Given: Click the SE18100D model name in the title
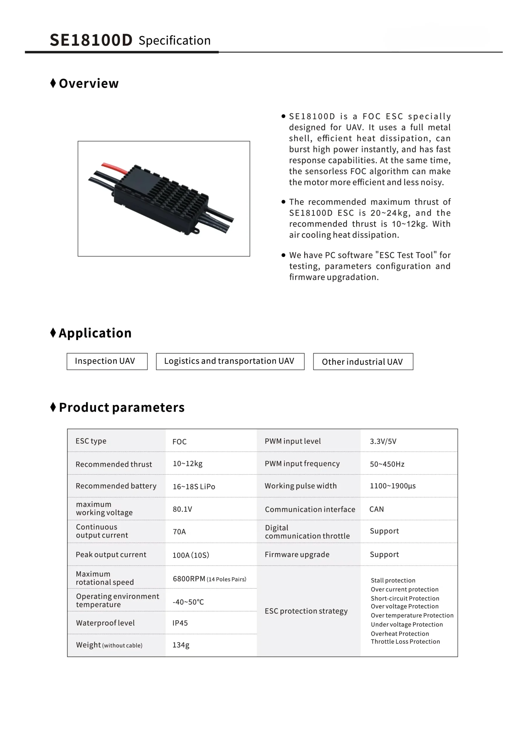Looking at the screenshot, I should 91,40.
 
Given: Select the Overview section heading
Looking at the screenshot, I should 88,84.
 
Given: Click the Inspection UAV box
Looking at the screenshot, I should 107,361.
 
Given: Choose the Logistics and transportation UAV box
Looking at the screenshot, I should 230,361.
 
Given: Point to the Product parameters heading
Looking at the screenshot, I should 121,407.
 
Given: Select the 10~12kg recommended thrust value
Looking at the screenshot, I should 188,464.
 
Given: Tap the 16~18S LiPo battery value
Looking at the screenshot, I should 194,486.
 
